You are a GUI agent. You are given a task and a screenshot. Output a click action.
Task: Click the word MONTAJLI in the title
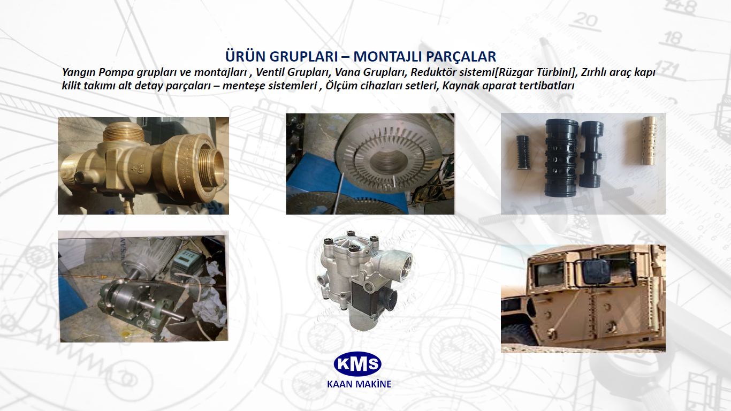tap(387, 57)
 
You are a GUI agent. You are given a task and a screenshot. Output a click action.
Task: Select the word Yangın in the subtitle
tap(79, 72)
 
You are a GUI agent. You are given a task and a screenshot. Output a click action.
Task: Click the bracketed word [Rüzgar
tap(516, 72)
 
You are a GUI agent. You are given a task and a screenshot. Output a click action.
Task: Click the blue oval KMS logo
tap(357, 364)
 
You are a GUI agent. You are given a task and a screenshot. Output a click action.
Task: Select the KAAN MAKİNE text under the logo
tap(359, 384)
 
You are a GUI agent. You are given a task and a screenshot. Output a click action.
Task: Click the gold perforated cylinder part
tap(650, 141)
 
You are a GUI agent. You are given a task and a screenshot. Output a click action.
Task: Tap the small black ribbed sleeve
tap(523, 152)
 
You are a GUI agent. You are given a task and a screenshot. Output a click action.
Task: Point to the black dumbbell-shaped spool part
tap(592, 154)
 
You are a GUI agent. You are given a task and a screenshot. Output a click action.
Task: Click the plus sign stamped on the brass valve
tap(133, 169)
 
